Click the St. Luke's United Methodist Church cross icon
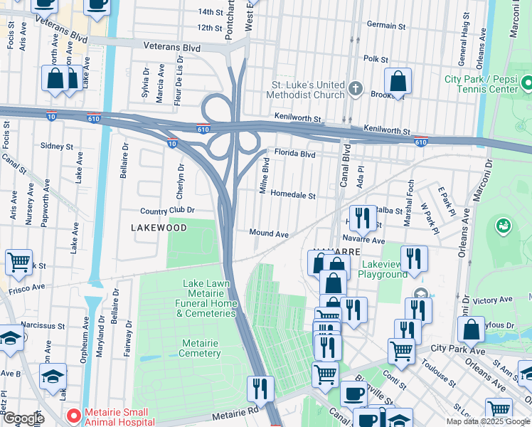(x=356, y=90)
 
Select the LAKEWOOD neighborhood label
(x=159, y=228)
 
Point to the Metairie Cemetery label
(x=199, y=348)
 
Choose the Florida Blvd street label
(x=294, y=154)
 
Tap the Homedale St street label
(x=292, y=194)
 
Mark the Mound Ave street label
(x=268, y=233)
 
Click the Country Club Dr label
(x=167, y=211)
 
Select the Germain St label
(x=386, y=26)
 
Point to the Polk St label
(x=376, y=59)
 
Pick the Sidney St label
(x=57, y=146)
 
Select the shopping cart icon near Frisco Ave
(x=18, y=261)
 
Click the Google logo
(x=23, y=418)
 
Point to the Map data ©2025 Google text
(x=487, y=421)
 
